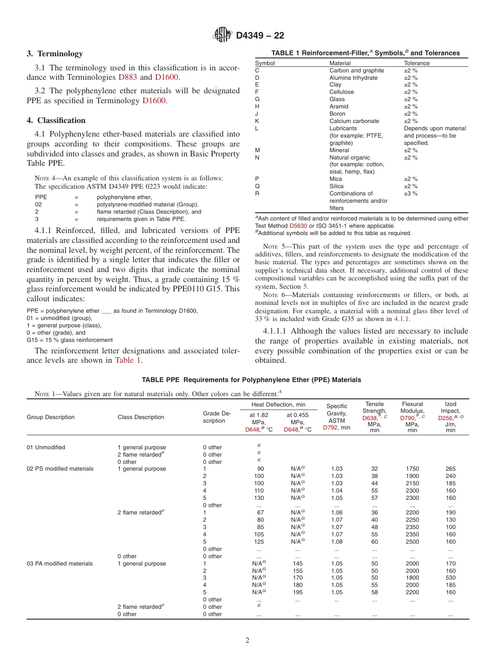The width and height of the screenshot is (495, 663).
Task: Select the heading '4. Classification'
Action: tap(56, 120)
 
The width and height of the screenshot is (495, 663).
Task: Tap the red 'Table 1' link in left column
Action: tap(128, 360)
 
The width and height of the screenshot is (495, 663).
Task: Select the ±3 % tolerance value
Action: tap(411, 193)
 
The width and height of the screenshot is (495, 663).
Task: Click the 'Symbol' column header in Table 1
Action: tap(265, 63)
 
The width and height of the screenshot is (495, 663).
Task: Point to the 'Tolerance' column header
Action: tap(417, 63)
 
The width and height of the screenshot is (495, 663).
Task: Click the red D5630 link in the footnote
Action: tap(298, 226)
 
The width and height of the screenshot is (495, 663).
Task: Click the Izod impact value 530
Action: tap(450, 578)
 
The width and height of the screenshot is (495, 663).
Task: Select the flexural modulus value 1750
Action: tap(412, 469)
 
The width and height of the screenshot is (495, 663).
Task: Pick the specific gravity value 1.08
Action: tap(337, 542)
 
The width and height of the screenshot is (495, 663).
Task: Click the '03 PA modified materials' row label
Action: tap(59, 563)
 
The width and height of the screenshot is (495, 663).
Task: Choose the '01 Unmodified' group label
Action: tap(46, 447)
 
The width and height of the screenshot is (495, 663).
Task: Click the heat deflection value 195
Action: tap(298, 592)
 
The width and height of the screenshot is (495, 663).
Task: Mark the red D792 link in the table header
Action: tap(330, 427)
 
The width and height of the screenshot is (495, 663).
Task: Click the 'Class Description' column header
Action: tap(141, 417)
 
